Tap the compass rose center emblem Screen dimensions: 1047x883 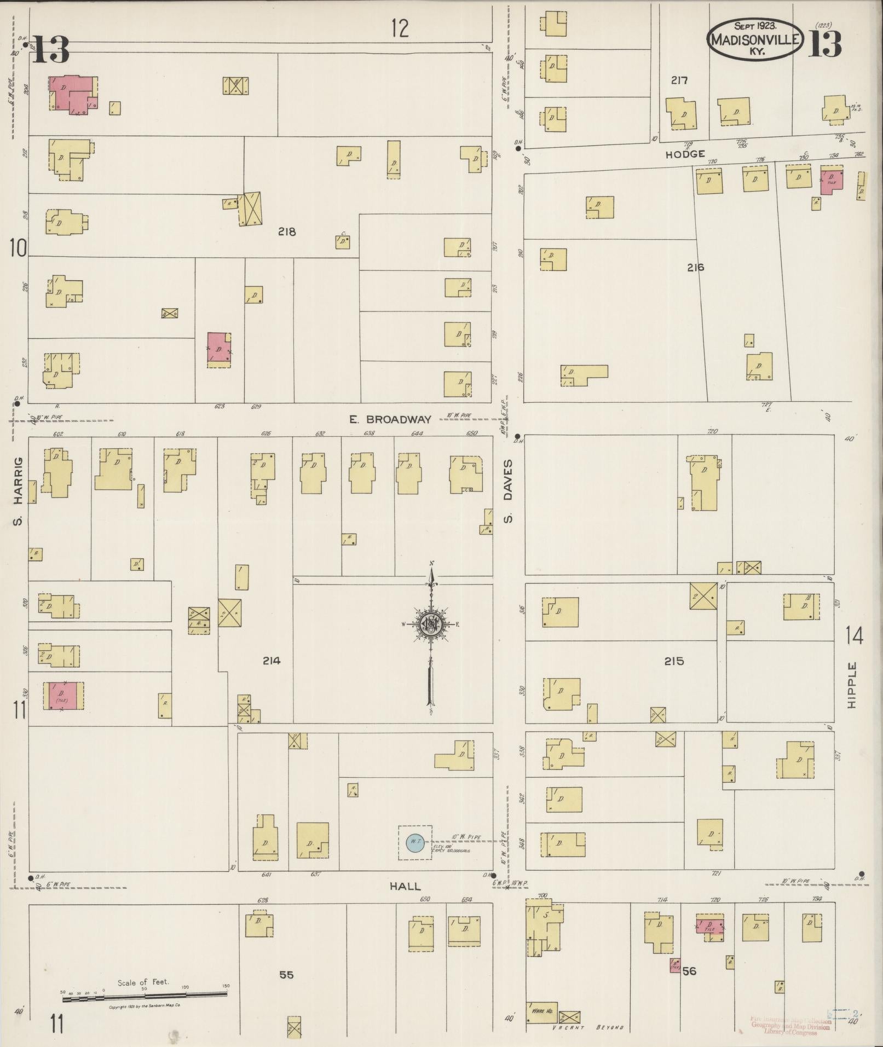431,623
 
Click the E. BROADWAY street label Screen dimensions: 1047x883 397,419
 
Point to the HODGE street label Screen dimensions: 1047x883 685,155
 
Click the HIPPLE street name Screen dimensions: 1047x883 852,685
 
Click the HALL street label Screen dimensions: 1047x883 405,901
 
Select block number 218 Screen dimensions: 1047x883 286,232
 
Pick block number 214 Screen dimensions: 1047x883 271,661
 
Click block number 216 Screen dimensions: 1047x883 695,268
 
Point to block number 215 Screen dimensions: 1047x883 674,661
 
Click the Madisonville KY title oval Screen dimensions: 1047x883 755,39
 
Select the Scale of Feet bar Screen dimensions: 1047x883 145,999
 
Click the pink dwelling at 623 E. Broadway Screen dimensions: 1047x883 218,349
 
